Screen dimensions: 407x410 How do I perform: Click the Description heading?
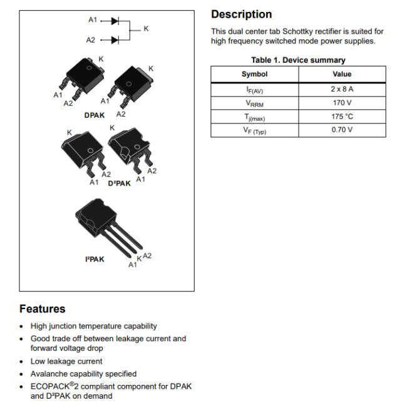(x=241, y=14)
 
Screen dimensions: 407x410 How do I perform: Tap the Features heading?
(x=43, y=309)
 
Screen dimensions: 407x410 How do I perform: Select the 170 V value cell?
(x=342, y=103)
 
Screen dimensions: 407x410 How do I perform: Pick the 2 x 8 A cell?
(x=342, y=89)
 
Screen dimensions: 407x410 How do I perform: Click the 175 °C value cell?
(x=342, y=117)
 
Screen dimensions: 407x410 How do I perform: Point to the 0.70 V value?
(x=342, y=130)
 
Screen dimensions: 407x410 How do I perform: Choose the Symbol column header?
(x=254, y=74)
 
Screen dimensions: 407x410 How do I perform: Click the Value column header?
(x=342, y=74)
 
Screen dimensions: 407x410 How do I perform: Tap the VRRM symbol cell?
(x=254, y=103)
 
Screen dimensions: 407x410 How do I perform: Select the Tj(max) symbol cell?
(x=254, y=117)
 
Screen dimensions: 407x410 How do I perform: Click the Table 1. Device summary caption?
(x=298, y=60)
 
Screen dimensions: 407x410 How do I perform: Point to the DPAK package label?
(x=95, y=115)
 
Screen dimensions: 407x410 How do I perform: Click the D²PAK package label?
(x=119, y=183)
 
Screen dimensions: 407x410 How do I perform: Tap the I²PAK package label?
(x=95, y=260)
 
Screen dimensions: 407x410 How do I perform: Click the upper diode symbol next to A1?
(x=115, y=21)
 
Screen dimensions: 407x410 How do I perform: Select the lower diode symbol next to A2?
(x=115, y=40)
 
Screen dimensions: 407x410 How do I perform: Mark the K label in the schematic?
(x=146, y=29)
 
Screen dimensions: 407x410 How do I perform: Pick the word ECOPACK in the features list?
(x=50, y=386)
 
